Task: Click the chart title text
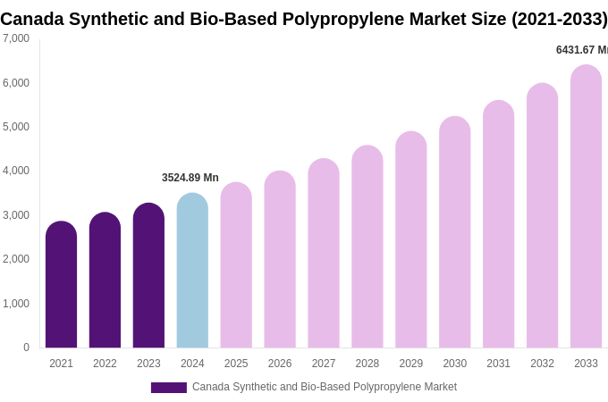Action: click(304, 19)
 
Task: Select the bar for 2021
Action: click(61, 286)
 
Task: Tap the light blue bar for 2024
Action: click(192, 272)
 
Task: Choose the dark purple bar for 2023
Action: click(148, 276)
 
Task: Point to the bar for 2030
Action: click(454, 233)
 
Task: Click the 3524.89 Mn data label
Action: click(190, 178)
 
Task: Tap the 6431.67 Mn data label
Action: click(581, 50)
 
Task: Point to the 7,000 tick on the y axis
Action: click(16, 38)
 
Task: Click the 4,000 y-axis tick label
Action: click(16, 171)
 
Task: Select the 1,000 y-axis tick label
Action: click(16, 304)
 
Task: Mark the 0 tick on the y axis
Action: click(26, 348)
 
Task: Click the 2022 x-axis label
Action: click(105, 364)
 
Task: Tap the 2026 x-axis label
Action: click(280, 364)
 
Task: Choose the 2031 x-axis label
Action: click(498, 364)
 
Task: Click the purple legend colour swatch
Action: click(168, 388)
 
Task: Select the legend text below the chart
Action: click(324, 387)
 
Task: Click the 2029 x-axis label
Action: click(410, 364)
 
